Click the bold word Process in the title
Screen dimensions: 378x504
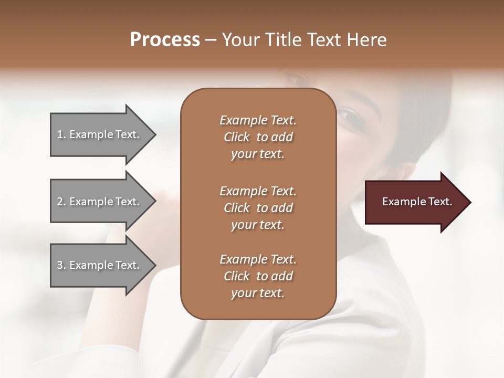(165, 40)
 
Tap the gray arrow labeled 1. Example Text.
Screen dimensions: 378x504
(100, 134)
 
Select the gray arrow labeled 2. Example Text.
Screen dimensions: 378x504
(100, 202)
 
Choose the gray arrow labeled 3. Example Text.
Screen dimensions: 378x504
(100, 265)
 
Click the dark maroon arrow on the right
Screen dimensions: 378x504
(415, 202)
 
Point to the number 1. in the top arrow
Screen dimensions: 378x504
(61, 134)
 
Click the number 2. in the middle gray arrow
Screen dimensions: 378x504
(61, 202)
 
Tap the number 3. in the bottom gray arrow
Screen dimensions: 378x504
(61, 265)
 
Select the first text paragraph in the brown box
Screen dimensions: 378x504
(258, 137)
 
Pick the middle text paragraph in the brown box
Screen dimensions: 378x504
(258, 208)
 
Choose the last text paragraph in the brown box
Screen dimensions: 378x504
(258, 276)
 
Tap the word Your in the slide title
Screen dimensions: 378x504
(240, 40)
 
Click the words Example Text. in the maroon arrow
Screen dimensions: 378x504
(417, 202)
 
